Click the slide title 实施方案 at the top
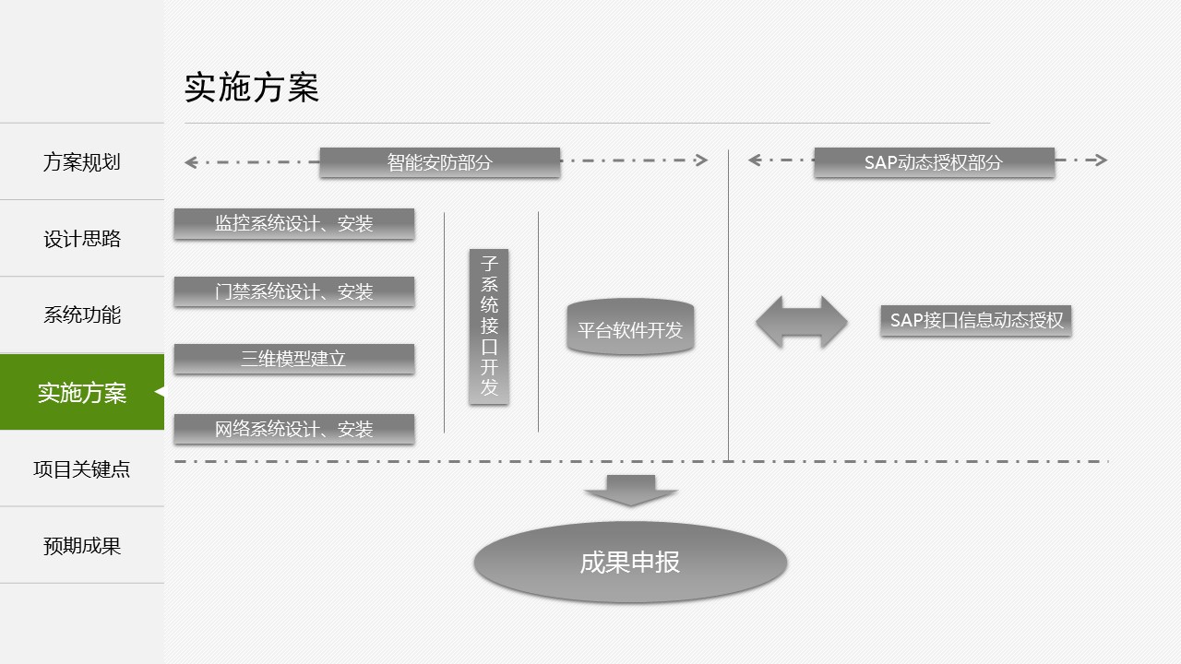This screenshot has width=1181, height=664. pyautogui.click(x=252, y=88)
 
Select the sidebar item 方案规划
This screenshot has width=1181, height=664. pyautogui.click(x=81, y=162)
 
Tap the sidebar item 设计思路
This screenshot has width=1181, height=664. pyautogui.click(x=81, y=239)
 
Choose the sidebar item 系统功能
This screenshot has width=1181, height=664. pyautogui.click(x=81, y=315)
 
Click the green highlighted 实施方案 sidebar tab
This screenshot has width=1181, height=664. pyautogui.click(x=81, y=393)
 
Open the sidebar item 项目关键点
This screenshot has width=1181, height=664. pyautogui.click(x=81, y=469)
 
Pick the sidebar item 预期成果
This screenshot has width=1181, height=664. pyautogui.click(x=81, y=546)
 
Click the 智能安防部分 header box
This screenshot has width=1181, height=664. pyautogui.click(x=439, y=162)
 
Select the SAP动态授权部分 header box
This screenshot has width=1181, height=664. pyautogui.click(x=934, y=162)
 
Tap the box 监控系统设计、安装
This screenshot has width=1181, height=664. pyautogui.click(x=293, y=223)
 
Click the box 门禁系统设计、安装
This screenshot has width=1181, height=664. pyautogui.click(x=293, y=292)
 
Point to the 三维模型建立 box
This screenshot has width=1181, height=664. pyautogui.click(x=293, y=359)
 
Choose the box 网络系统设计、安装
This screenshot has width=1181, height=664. pyautogui.click(x=293, y=429)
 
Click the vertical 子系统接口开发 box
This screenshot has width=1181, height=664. pyautogui.click(x=489, y=326)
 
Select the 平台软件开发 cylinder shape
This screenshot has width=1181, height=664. pyautogui.click(x=630, y=329)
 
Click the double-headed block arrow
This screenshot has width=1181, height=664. pyautogui.click(x=801, y=322)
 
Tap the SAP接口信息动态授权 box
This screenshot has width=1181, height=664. pyautogui.click(x=976, y=321)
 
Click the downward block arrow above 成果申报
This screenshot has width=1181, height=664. pyautogui.click(x=631, y=490)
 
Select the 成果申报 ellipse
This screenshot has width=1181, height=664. pyautogui.click(x=630, y=563)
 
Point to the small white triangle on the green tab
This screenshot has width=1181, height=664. pyautogui.click(x=160, y=392)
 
